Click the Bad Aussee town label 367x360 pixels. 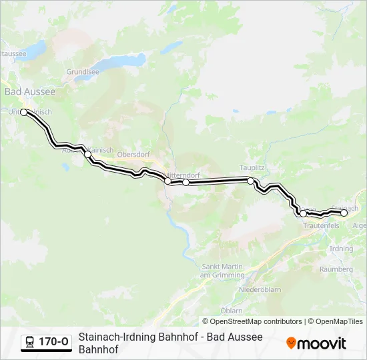[x=30, y=91]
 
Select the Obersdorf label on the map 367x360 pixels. [x=132, y=155]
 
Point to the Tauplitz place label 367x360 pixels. [x=252, y=167]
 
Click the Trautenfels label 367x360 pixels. [x=322, y=226]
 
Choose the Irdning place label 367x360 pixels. [x=341, y=249]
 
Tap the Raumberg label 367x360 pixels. [x=336, y=269]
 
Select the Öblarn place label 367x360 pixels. [x=232, y=311]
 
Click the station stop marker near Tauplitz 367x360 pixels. [x=250, y=181]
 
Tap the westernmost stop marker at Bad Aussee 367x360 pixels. [x=24, y=113]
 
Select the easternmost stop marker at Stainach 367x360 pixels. [x=344, y=213]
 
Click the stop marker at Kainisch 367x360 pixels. [x=87, y=154]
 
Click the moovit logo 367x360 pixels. [x=316, y=343]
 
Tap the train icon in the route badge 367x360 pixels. [x=29, y=342]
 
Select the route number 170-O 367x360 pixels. [x=53, y=342]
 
